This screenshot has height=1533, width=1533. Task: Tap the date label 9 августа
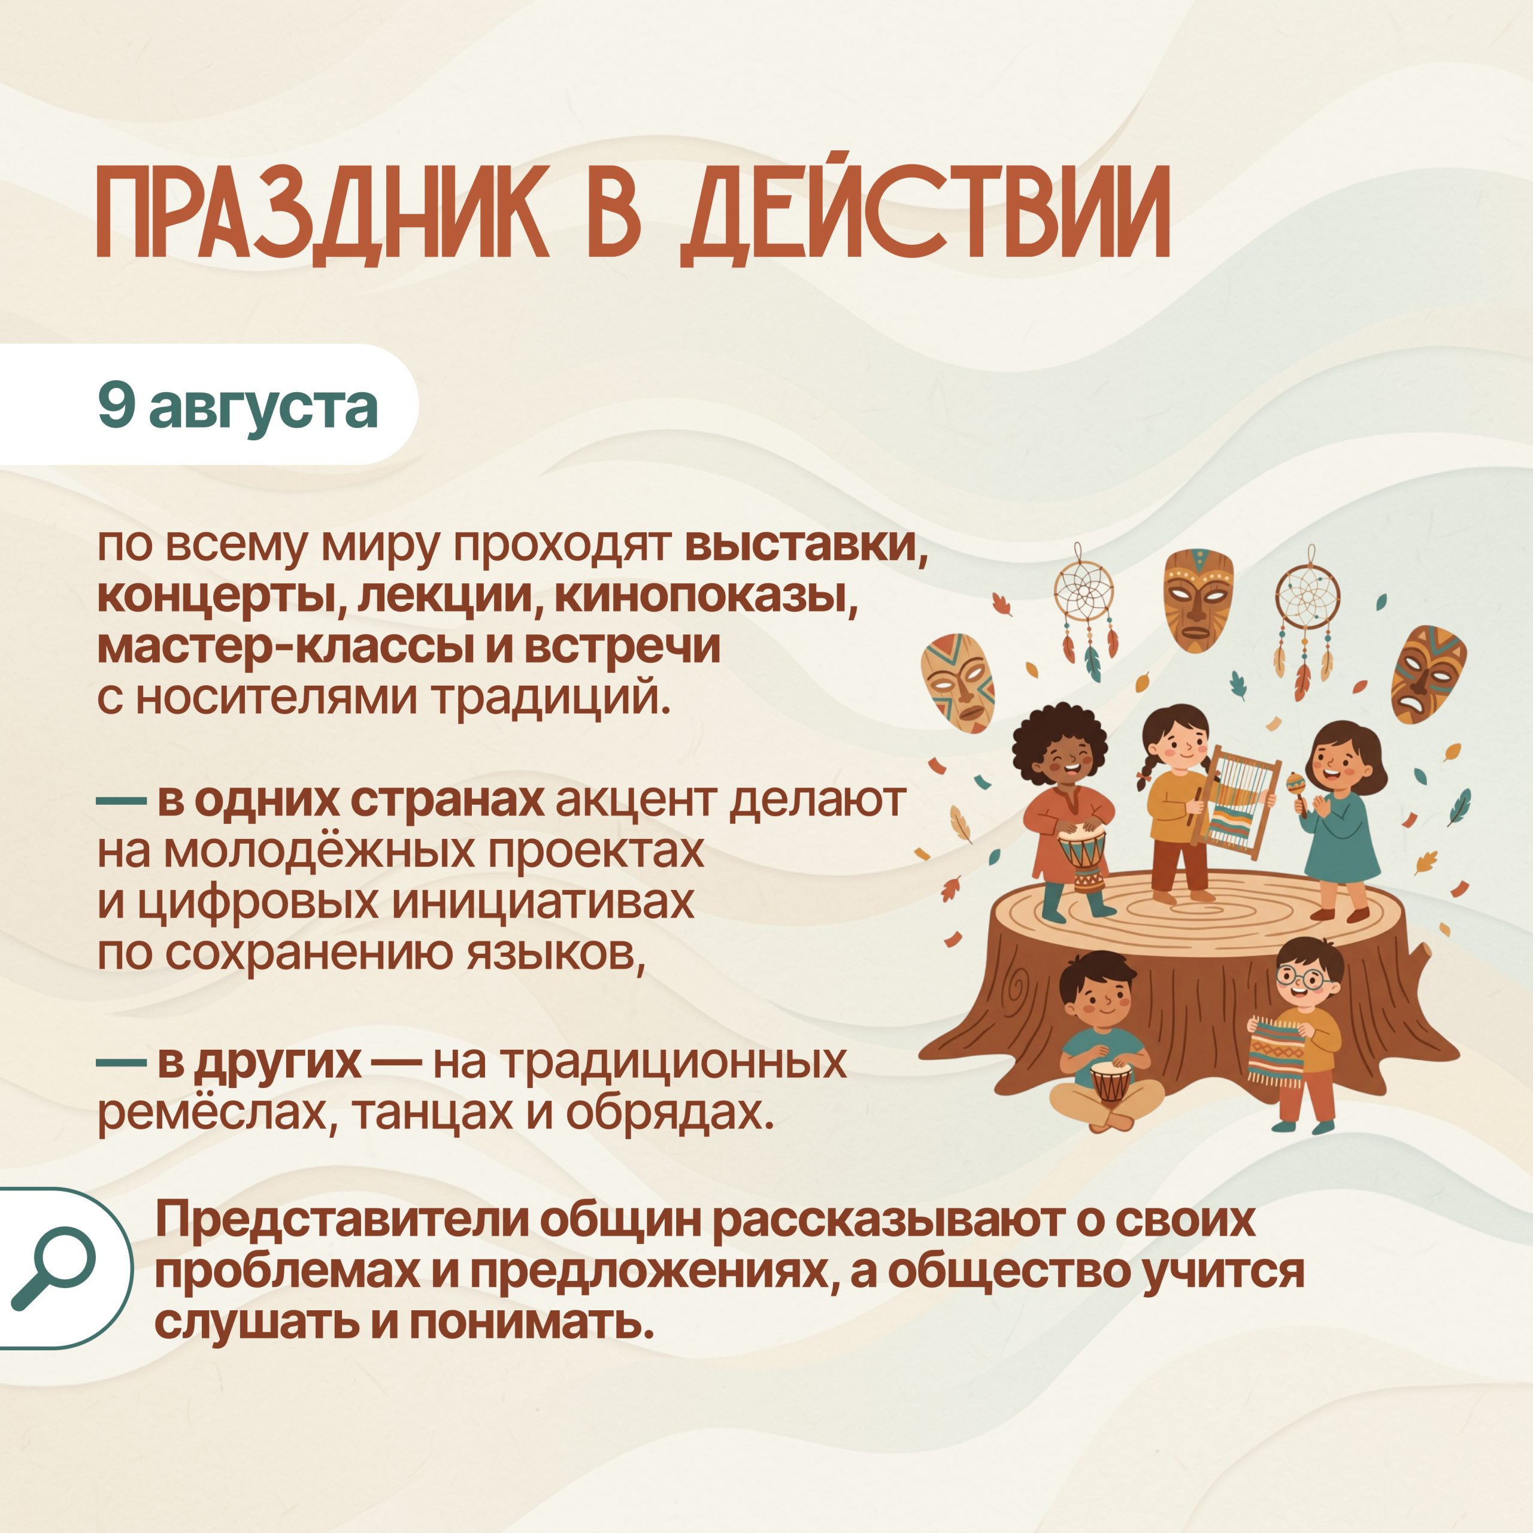[238, 405]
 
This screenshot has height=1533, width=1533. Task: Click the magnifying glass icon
[54, 1268]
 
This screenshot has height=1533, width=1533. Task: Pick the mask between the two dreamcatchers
[1199, 600]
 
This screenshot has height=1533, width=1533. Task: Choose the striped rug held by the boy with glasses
[1277, 1050]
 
